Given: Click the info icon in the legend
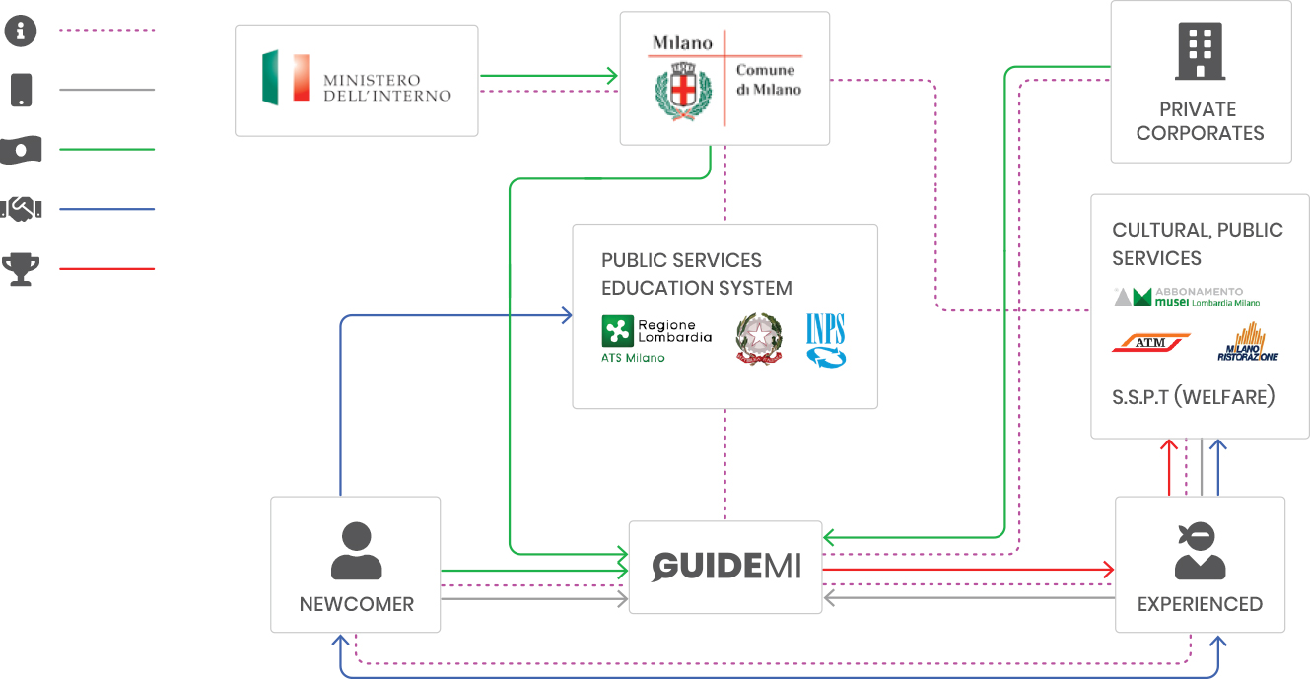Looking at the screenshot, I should pos(21,31).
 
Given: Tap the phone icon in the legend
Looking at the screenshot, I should pos(21,90).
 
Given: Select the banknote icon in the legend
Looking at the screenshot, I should pos(21,150).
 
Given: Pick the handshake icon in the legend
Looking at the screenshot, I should pos(21,209).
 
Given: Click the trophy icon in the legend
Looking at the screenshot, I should pos(21,269).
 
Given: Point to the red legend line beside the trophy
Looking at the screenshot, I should pos(106,269).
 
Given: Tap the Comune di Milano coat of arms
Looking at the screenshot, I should pos(683,90).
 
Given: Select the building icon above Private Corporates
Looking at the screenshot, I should pos(1200,52).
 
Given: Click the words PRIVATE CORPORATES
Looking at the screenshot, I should pos(1200,121).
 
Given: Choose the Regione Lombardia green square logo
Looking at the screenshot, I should pos(618,332).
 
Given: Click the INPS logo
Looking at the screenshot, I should pos(825,341).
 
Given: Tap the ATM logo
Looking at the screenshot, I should pos(1150,343).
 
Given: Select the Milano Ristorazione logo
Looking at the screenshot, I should pos(1247,343).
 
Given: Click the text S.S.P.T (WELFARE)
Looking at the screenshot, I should pos(1194,397).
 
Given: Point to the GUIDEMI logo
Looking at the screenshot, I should pos(725,567).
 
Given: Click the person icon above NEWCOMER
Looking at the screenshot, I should pos(356,551).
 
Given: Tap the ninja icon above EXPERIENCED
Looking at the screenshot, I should pos(1200,551).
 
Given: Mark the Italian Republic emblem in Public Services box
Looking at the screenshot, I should pos(758,339).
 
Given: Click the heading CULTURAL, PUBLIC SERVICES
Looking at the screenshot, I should pos(1197,243).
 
